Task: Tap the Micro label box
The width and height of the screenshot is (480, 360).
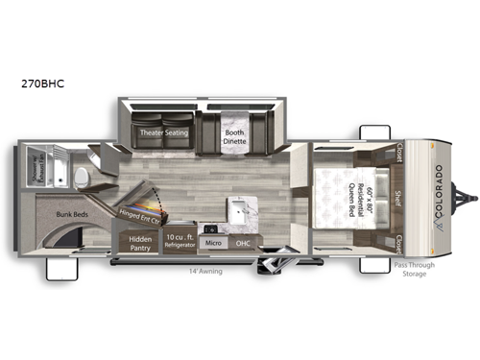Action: pyautogui.click(x=215, y=243)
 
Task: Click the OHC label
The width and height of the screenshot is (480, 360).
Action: pyautogui.click(x=243, y=243)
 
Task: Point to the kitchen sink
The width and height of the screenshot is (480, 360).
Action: pyautogui.click(x=238, y=209)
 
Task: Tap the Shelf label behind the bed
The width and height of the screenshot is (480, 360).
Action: pyautogui.click(x=397, y=198)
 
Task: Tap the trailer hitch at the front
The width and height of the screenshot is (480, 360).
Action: pyautogui.click(x=468, y=198)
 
